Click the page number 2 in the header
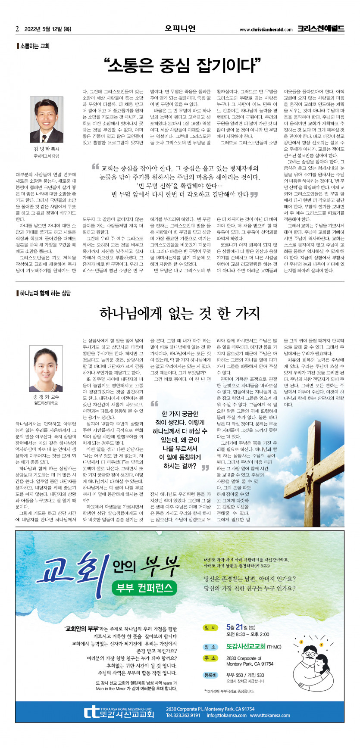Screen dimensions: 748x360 (x=17, y=29)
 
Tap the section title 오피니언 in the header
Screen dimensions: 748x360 (x=180, y=28)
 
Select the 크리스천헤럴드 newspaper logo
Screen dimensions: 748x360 (x=320, y=29)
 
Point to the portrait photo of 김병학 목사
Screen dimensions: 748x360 (x=47, y=119)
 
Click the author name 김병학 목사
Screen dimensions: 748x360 (x=46, y=149)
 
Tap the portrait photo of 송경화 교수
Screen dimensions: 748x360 (x=46, y=368)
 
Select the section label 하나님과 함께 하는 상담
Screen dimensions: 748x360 (x=45, y=293)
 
